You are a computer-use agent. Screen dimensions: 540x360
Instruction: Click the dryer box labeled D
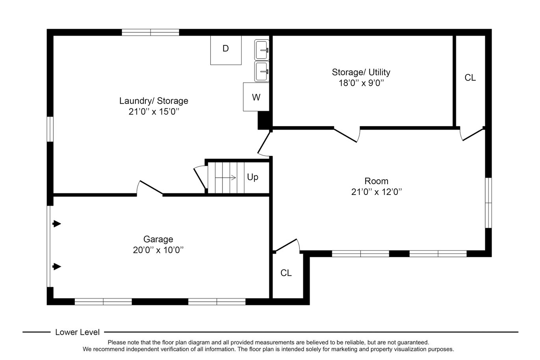point(226,50)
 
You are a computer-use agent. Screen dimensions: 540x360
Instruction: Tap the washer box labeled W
point(256,97)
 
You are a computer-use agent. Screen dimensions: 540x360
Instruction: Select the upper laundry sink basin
point(262,50)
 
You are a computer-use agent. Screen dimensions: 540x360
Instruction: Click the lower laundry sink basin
point(262,72)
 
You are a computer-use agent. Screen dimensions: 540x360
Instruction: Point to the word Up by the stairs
point(252,178)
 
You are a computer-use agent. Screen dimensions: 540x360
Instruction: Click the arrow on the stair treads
point(225,178)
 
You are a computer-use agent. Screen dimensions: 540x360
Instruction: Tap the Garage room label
point(158,239)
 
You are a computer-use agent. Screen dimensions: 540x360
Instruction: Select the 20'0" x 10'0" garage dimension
point(158,250)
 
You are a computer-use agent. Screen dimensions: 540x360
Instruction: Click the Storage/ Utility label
point(361,72)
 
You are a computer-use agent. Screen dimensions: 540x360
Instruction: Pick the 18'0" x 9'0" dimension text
point(361,83)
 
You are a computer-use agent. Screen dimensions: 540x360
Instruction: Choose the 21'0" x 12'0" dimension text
point(376,192)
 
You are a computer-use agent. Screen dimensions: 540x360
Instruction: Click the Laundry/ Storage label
point(154,101)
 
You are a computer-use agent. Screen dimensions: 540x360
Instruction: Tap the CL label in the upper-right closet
point(470,78)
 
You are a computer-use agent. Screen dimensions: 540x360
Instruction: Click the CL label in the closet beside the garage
point(286,273)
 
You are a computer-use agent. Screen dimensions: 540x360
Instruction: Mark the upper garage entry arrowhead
point(57,224)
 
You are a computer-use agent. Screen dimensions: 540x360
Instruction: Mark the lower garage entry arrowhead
point(57,267)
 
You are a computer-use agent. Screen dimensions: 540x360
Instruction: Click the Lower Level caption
point(77,332)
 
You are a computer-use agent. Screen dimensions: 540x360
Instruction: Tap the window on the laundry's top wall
point(150,32)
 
